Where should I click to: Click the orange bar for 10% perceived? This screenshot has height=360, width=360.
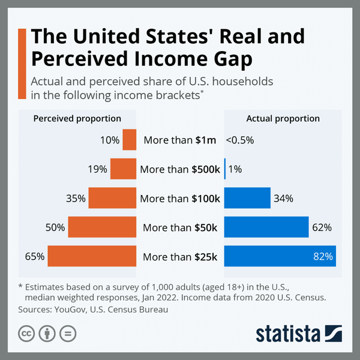tap(130, 140)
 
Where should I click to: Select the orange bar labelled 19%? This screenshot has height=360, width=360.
tap(123, 169)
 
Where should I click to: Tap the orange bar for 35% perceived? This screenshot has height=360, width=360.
tap(112, 198)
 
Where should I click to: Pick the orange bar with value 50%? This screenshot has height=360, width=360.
tap(102, 227)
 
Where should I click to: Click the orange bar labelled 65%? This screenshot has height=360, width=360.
tap(92, 256)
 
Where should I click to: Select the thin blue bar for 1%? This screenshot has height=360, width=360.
tap(225, 169)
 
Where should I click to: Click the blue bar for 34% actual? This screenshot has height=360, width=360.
tap(247, 198)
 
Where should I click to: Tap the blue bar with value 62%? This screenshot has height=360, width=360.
tap(266, 227)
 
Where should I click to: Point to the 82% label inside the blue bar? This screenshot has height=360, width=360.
tap(322, 257)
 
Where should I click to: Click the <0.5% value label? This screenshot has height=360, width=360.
tap(239, 140)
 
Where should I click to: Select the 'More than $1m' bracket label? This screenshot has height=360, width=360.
tap(180, 140)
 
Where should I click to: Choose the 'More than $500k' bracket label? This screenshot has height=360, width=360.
tap(180, 169)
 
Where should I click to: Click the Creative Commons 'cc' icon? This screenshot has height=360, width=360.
tap(26, 334)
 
